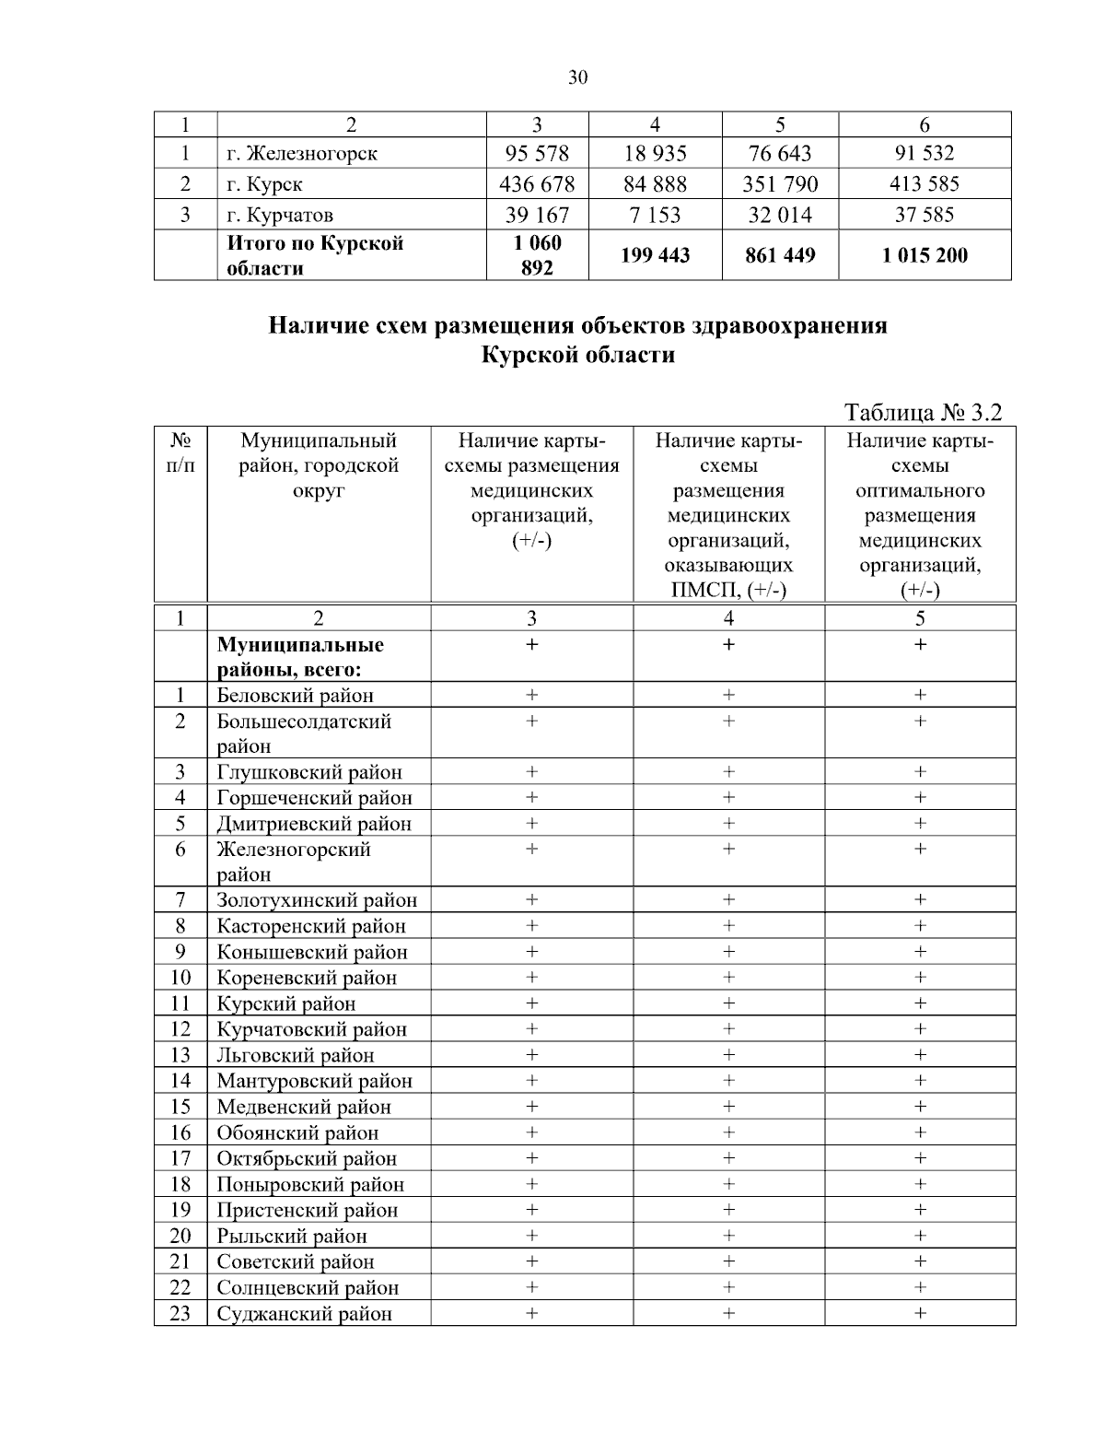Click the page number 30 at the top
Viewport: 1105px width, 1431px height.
[577, 77]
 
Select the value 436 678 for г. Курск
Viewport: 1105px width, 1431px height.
[537, 184]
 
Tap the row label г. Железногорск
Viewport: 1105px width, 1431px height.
[302, 153]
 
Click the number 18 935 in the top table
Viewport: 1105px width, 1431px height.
[655, 153]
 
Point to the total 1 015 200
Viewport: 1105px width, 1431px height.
[925, 255]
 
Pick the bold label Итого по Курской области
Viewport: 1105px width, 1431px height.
[315, 255]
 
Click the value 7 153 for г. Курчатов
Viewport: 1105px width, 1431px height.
[655, 216]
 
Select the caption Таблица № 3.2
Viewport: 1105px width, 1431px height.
[923, 411]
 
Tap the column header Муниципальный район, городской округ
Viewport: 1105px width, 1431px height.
[319, 465]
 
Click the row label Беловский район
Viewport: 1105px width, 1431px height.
[295, 696]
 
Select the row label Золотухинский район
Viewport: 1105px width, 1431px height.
[317, 900]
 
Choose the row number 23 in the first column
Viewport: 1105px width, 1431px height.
[180, 1313]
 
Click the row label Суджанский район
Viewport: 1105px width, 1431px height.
[304, 1314]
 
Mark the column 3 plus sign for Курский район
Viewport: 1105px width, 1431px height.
[531, 1003]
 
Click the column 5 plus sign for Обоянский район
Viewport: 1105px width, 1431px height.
[920, 1132]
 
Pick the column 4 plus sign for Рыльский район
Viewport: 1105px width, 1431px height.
[728, 1235]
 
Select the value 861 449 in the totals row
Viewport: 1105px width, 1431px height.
[780, 255]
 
